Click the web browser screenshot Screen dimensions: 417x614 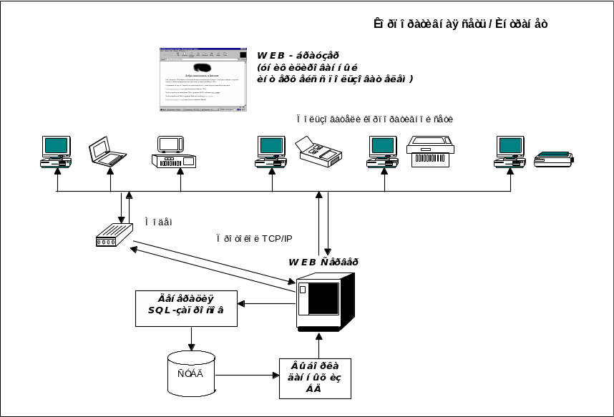[203, 79]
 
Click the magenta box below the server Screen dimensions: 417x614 [315, 378]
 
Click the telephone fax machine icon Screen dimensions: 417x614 [318, 151]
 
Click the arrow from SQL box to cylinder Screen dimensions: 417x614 [191, 338]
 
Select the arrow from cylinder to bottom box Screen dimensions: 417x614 [247, 374]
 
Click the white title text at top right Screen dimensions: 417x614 [461, 24]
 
